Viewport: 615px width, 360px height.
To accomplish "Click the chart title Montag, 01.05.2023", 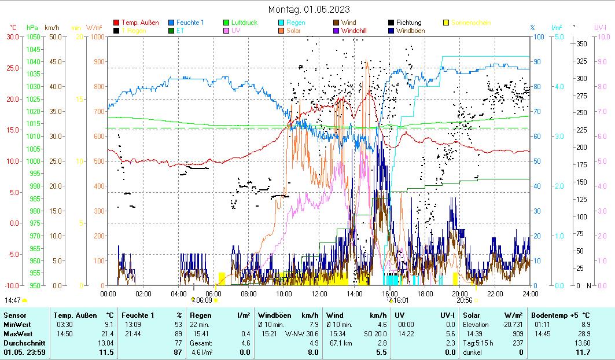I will (309, 9).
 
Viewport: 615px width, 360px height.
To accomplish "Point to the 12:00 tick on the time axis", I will (319, 293).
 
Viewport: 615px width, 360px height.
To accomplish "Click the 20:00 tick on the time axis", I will (459, 293).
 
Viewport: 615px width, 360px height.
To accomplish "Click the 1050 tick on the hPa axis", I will (32, 36).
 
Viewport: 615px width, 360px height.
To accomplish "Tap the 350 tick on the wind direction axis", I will (581, 43).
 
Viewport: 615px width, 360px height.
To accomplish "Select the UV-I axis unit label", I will (600, 27).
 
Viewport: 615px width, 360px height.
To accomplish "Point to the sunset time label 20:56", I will (464, 300).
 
